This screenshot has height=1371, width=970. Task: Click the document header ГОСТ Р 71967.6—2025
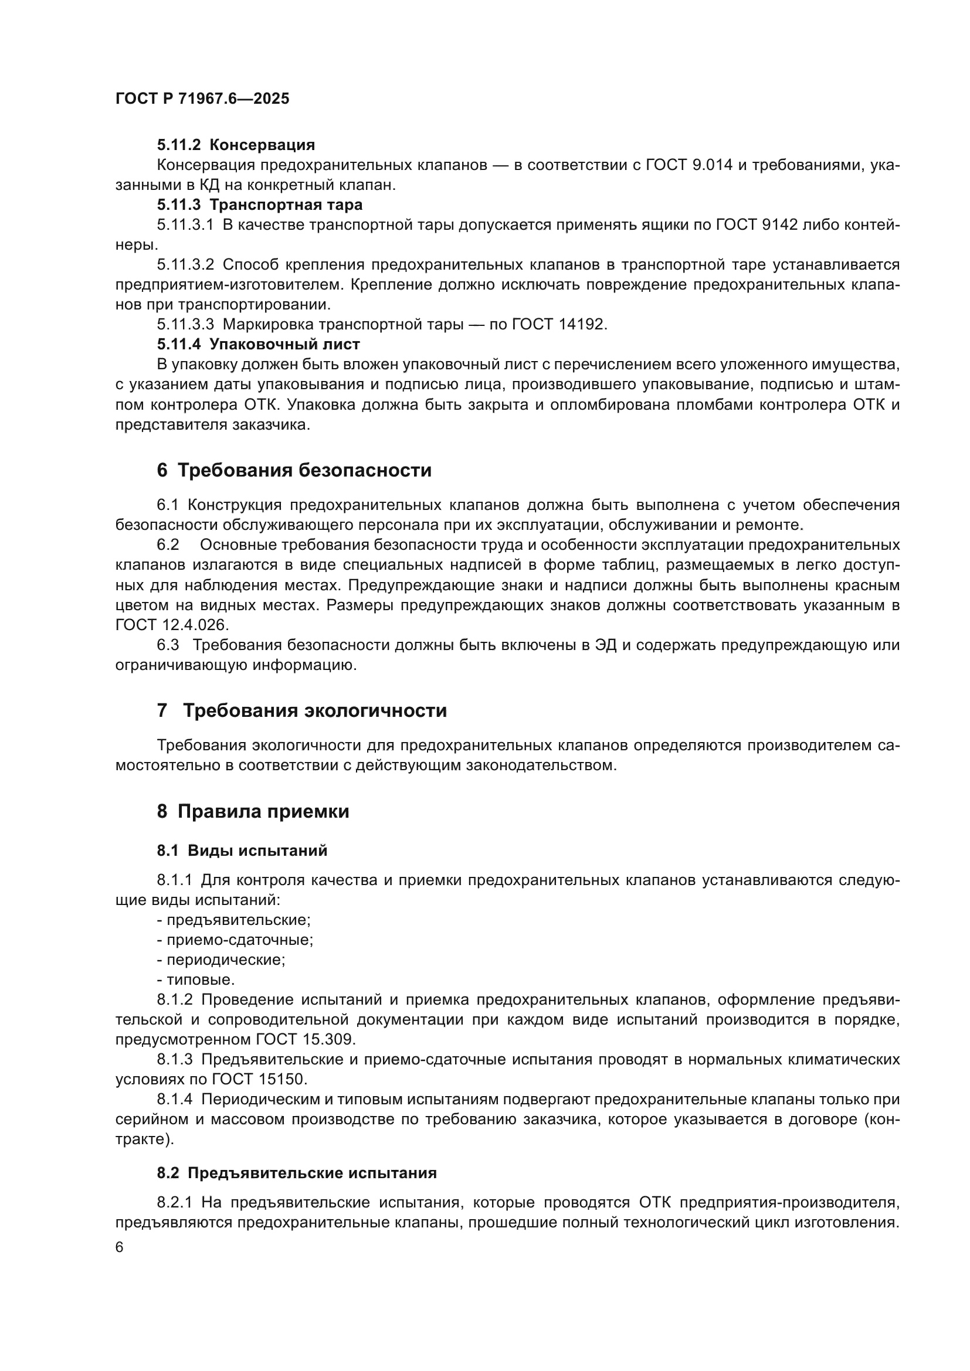(x=202, y=98)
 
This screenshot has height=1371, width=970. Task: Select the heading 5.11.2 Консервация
(x=235, y=145)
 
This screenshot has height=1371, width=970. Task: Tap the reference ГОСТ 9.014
(x=689, y=165)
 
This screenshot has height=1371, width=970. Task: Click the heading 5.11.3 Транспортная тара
(x=259, y=205)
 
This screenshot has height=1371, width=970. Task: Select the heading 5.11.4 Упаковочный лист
(x=258, y=345)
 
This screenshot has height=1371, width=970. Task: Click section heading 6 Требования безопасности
(x=294, y=471)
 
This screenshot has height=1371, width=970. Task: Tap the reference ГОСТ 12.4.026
(x=172, y=625)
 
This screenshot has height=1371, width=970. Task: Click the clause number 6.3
(x=168, y=645)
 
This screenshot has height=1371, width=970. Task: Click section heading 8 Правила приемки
(x=253, y=811)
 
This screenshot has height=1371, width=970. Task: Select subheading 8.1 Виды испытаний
(x=242, y=851)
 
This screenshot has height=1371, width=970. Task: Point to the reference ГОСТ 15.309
(x=306, y=1040)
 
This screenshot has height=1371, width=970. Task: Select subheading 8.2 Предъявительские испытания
(x=296, y=1173)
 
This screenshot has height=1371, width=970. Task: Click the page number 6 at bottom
(x=120, y=1248)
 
